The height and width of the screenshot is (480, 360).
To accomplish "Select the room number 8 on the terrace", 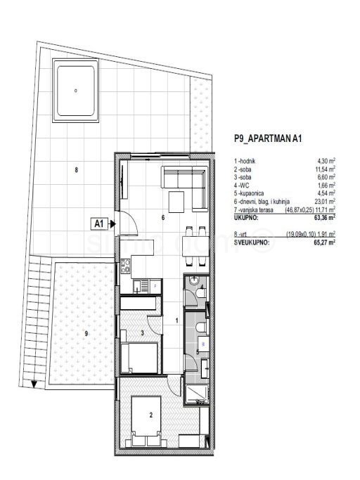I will [76, 169].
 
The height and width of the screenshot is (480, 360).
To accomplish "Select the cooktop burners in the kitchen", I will [126, 267].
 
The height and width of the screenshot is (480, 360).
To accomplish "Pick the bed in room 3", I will [139, 356].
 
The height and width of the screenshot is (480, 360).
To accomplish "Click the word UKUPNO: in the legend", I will [248, 218].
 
